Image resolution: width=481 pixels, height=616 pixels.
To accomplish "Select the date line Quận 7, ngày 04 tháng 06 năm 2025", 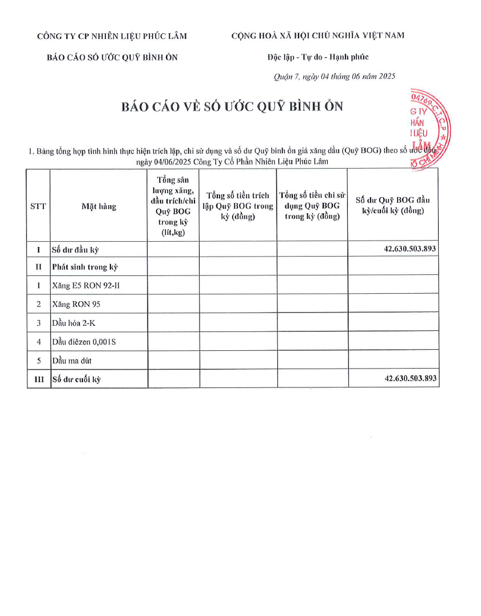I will (334, 76).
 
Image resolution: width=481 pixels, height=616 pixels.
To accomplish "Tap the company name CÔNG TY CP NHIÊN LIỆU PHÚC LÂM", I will (112, 36).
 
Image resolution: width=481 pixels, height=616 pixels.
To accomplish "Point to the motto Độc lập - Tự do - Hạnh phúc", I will (318, 57).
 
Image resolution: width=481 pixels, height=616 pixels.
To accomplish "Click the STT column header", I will (38, 206).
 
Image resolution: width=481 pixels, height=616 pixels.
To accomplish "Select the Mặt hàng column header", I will (98, 206).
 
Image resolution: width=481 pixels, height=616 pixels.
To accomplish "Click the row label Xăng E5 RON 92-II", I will (86, 285).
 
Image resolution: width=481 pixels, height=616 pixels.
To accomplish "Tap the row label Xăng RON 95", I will (76, 305).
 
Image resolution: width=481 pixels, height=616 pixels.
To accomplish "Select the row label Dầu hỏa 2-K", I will (74, 323).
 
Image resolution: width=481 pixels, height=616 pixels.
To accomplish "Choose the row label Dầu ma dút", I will (71, 361).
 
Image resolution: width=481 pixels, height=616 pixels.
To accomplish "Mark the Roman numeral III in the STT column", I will (38, 379).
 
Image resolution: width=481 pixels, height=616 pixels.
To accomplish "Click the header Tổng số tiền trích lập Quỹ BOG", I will (238, 206).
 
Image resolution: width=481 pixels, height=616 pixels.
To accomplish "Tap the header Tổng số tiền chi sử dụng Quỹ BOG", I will (312, 206).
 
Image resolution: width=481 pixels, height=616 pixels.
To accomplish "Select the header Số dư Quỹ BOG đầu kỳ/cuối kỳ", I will (392, 205).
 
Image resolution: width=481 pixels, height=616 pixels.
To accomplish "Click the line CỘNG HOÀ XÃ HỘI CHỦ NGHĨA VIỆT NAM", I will (317, 35).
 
